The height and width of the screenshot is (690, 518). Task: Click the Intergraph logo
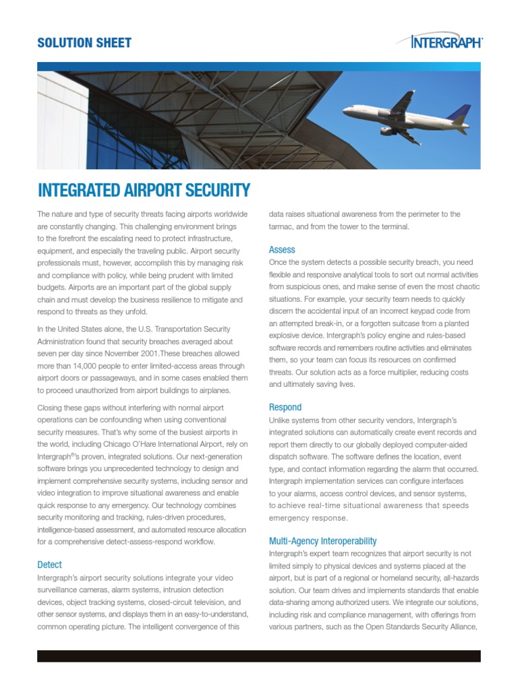point(447,42)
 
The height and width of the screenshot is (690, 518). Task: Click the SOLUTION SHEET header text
point(84,43)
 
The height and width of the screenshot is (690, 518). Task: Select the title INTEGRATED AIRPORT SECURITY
point(144,190)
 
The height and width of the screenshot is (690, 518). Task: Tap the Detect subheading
point(49,565)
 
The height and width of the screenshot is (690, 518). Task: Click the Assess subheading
point(282,249)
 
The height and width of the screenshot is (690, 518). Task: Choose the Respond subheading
point(285,407)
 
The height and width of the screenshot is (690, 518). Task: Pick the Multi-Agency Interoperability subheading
point(322,541)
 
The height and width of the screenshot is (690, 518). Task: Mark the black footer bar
point(258,656)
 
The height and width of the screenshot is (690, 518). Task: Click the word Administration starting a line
point(61,342)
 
